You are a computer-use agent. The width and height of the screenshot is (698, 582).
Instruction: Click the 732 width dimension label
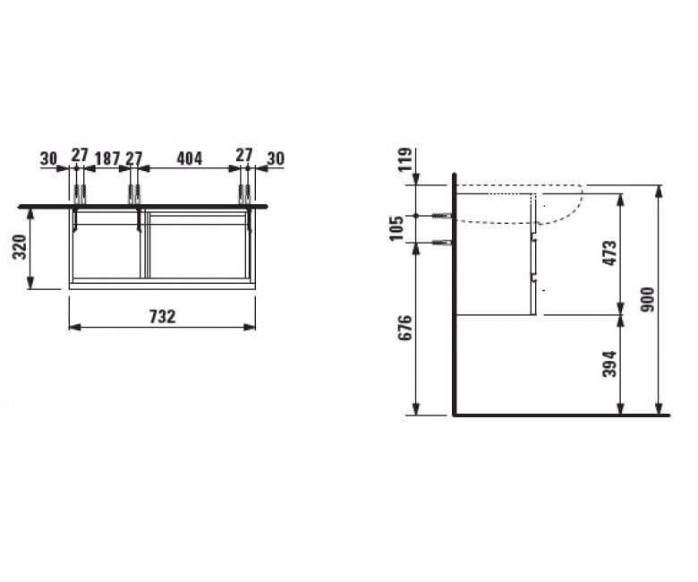point(163,317)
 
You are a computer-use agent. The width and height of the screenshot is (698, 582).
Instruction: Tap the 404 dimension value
point(189,158)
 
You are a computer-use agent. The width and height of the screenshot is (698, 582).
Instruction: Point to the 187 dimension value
point(107,158)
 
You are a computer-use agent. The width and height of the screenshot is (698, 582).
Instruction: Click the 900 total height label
point(648,299)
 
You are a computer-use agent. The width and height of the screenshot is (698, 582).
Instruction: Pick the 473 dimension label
point(609,252)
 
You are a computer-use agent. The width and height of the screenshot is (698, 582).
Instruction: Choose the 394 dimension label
point(609,364)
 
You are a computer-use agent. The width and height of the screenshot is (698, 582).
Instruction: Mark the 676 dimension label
point(404,328)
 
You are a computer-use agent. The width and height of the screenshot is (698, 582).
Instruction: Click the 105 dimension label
point(396,227)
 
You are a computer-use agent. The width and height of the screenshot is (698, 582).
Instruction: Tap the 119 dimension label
point(404,159)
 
